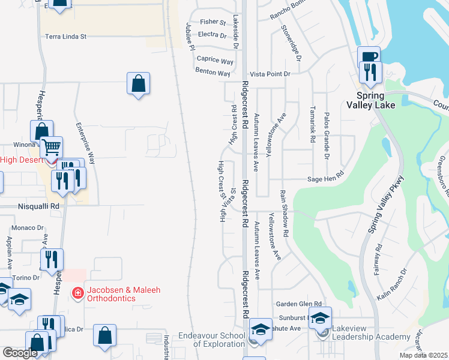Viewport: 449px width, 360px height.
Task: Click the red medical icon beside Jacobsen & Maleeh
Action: tap(77, 293)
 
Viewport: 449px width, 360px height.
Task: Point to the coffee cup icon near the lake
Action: tap(369, 57)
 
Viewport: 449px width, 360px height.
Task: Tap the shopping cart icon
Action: tap(52, 146)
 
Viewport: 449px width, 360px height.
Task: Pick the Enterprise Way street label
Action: tap(85, 143)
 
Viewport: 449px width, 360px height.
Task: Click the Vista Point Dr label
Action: tap(270, 74)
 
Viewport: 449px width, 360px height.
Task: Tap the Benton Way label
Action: tap(212, 73)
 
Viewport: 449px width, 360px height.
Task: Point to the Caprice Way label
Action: tap(215, 61)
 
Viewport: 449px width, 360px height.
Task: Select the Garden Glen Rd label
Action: tap(299, 304)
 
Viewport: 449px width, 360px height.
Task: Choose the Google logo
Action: tap(20, 353)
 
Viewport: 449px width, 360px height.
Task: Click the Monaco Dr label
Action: tap(28, 228)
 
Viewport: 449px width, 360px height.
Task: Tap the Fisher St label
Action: tap(212, 22)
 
